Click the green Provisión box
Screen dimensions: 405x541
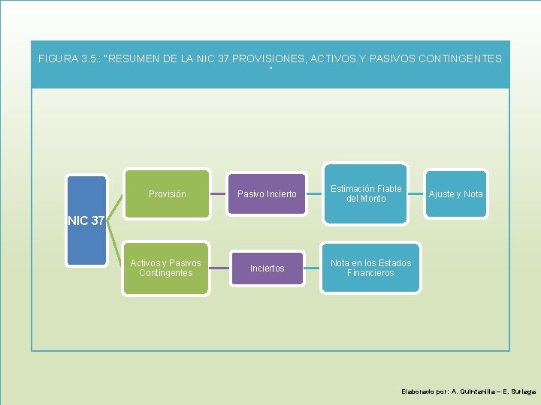[167, 193]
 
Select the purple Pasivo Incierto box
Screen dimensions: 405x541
[267, 194]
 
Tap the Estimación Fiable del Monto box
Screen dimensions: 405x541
[366, 193]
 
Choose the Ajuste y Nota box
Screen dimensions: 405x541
[455, 194]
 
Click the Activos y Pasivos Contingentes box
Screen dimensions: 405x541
[165, 268]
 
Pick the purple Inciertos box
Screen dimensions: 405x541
[267, 268]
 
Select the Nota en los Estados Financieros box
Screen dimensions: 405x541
[370, 268]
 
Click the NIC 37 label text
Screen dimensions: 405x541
[86, 220]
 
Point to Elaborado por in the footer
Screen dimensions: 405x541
[424, 391]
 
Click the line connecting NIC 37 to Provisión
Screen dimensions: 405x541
[114, 202]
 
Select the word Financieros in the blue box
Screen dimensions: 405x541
[370, 273]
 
